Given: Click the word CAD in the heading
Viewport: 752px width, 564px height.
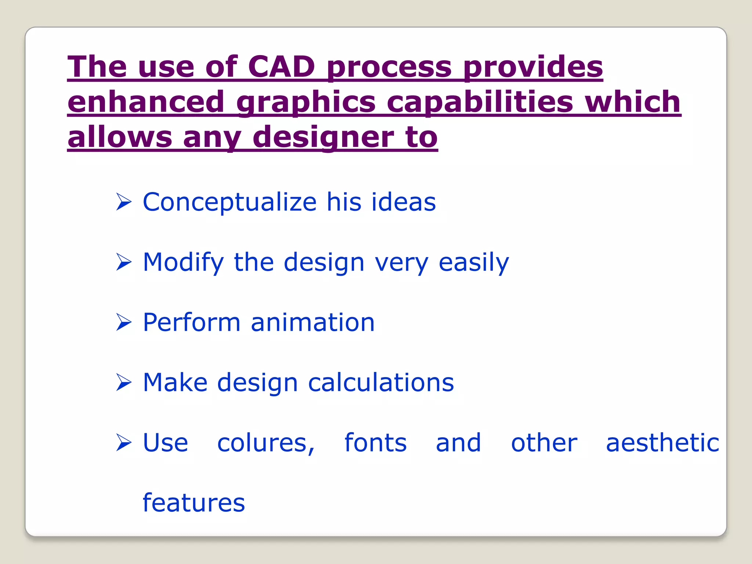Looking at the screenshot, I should click(x=281, y=67).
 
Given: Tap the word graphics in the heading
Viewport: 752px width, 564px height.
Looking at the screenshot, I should click(x=306, y=102).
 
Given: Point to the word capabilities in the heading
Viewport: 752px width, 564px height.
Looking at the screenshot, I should click(x=480, y=102).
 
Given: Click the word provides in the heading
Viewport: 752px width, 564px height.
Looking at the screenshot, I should click(x=533, y=68).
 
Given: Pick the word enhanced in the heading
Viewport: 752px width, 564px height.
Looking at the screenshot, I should click(x=146, y=102).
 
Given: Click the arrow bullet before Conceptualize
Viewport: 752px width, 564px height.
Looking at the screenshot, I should click(x=124, y=202).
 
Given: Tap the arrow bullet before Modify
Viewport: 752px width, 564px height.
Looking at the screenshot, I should click(x=124, y=262).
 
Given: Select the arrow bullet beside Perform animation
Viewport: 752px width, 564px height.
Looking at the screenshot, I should click(x=124, y=322).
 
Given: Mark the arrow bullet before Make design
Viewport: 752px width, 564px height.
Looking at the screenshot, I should click(x=124, y=383).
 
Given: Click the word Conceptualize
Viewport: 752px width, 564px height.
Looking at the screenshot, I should click(x=229, y=202).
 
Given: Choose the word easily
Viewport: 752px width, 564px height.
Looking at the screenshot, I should click(x=474, y=263).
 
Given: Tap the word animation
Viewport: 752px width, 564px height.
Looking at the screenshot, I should click(x=312, y=322).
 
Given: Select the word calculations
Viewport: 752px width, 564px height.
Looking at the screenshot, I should click(x=381, y=383).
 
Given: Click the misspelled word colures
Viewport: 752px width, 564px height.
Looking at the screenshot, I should click(x=266, y=443).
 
